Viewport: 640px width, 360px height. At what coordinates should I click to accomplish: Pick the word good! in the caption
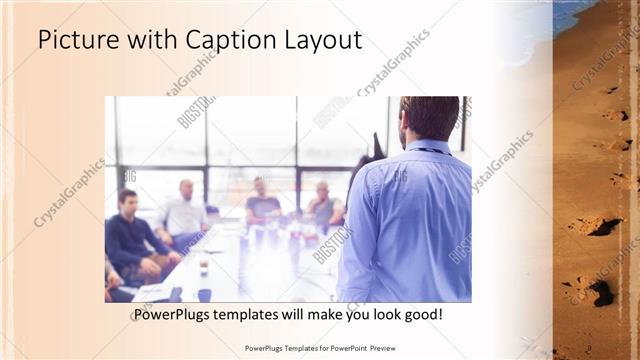[x=422, y=315]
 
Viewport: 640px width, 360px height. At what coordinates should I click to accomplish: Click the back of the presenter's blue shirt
[x=404, y=220]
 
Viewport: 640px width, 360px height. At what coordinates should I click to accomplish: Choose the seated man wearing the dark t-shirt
[x=263, y=204]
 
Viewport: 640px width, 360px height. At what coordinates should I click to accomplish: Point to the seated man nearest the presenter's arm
[x=324, y=206]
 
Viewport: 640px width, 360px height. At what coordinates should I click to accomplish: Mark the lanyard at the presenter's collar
[x=425, y=149]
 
